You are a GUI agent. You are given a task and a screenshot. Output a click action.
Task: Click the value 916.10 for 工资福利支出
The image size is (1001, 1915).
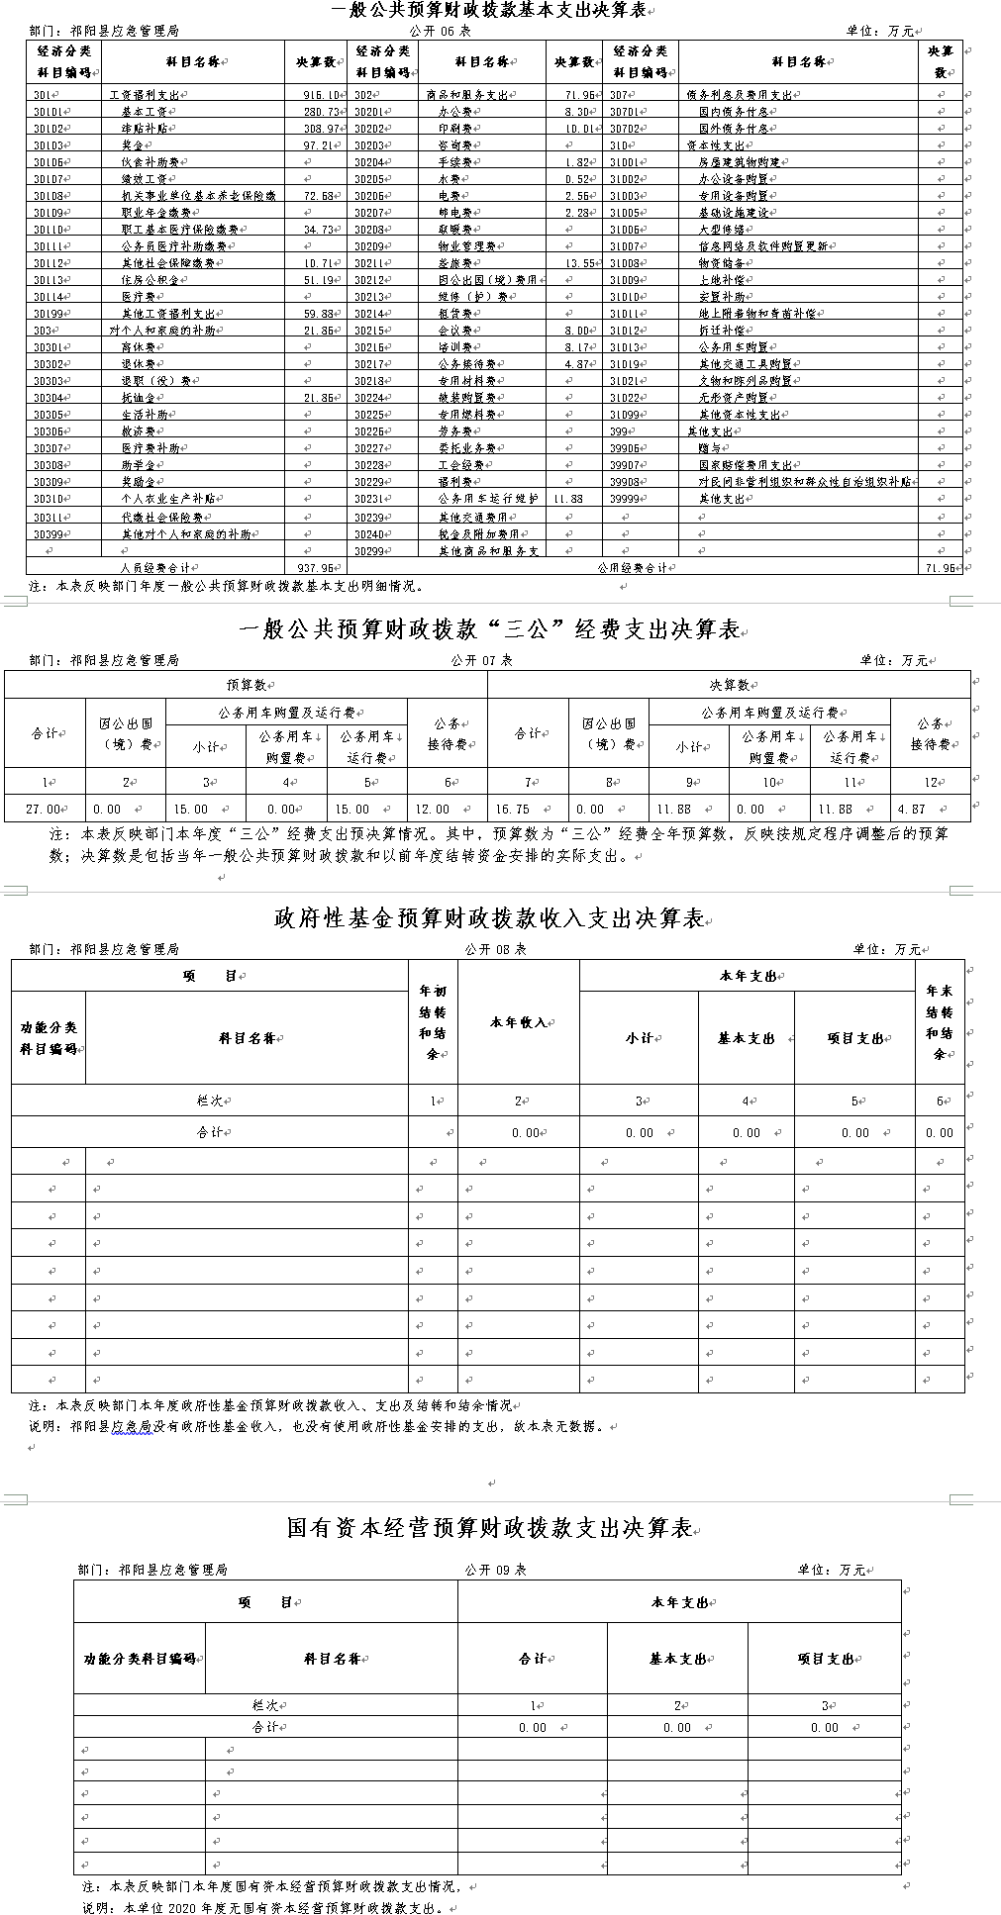pos(318,95)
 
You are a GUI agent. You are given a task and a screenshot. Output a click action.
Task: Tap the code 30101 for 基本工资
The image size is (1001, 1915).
pos(49,112)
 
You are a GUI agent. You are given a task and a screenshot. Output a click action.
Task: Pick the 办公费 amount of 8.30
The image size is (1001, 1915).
pos(575,112)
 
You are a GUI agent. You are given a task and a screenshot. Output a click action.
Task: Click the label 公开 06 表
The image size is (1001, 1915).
pos(441,31)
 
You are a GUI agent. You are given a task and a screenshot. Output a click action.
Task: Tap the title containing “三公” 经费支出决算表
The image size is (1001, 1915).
pos(490,630)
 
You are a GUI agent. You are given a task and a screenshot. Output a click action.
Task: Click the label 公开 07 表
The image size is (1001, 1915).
pos(482,660)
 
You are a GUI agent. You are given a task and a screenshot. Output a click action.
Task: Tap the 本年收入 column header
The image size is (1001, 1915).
pos(518,1022)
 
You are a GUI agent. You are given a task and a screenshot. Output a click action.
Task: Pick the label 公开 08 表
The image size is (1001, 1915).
pos(495,948)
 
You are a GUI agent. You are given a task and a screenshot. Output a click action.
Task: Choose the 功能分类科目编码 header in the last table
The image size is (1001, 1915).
pos(139,1659)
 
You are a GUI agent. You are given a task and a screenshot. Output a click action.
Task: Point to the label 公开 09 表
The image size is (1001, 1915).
pos(495,1570)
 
